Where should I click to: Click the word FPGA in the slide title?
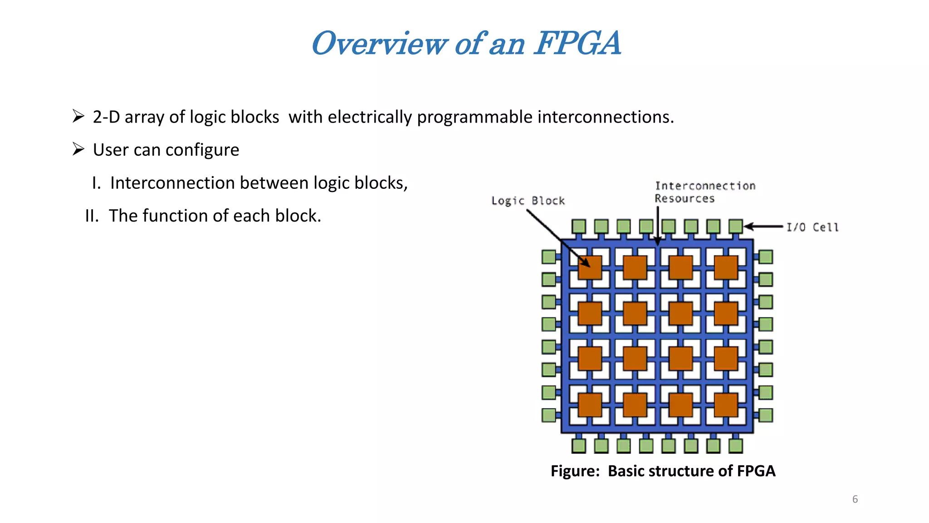click(x=577, y=44)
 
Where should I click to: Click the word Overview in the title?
click(x=379, y=44)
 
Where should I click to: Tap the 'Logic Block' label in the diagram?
click(x=528, y=201)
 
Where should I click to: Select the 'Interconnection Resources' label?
click(x=704, y=192)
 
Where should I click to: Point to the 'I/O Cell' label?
click(x=812, y=227)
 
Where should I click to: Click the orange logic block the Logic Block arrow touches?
click(x=590, y=267)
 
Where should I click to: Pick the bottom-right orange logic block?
click(x=726, y=405)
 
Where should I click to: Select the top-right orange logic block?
click(x=726, y=267)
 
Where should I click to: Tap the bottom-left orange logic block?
click(x=590, y=405)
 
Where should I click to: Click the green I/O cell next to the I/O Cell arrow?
click(x=735, y=226)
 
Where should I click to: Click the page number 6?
click(x=855, y=499)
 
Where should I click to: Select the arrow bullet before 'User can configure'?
click(x=78, y=149)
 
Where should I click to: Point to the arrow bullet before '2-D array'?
click(x=78, y=117)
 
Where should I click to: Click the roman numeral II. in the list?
click(x=92, y=216)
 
